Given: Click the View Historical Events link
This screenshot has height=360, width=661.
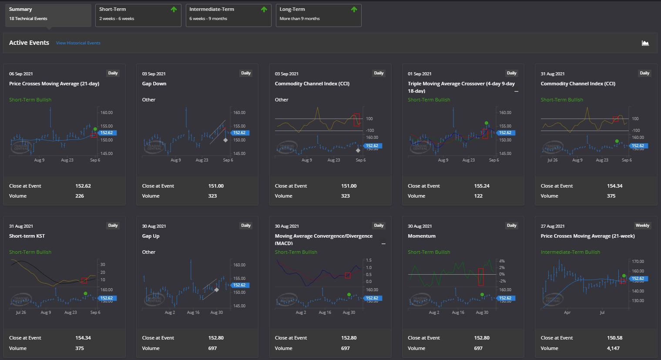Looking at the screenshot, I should tap(78, 43).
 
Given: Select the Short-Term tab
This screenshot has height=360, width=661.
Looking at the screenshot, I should tap(138, 15).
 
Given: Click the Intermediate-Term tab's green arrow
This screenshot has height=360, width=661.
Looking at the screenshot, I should tap(264, 10).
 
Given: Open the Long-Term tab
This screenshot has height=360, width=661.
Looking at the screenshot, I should tap(318, 15).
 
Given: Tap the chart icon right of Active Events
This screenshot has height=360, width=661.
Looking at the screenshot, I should tap(645, 43).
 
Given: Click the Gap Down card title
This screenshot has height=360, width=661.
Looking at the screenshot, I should tap(154, 84).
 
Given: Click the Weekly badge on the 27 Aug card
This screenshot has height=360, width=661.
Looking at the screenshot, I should tap(642, 225).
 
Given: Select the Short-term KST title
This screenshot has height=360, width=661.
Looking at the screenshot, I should tap(27, 236).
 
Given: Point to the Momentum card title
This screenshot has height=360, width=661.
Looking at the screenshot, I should tap(421, 236).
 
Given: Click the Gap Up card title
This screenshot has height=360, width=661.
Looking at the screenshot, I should tap(151, 236).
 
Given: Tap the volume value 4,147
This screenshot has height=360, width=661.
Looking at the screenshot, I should tap(613, 348).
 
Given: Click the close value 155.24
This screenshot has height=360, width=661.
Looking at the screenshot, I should tap(482, 186).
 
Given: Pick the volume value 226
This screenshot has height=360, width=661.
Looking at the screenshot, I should tap(80, 196).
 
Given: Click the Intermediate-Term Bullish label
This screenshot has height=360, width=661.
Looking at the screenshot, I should tap(570, 252).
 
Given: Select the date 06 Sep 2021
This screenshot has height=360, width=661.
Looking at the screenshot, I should tap(21, 74).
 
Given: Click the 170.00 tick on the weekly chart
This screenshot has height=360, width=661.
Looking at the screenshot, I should tap(638, 262).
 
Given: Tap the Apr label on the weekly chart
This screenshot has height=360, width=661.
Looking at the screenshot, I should tap(567, 313).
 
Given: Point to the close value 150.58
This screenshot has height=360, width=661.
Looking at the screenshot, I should tap(614, 338).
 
